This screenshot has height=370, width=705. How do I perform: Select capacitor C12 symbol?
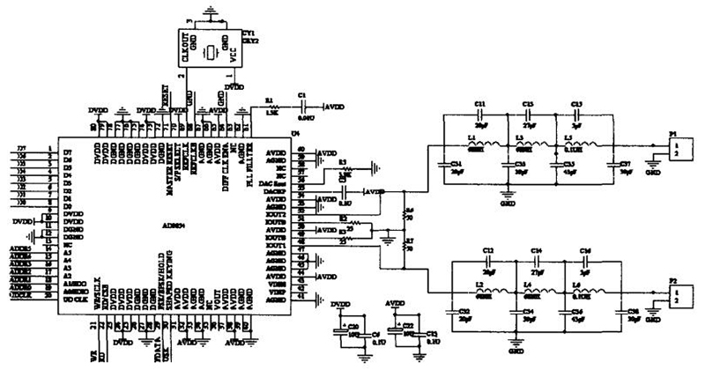(490, 262)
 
